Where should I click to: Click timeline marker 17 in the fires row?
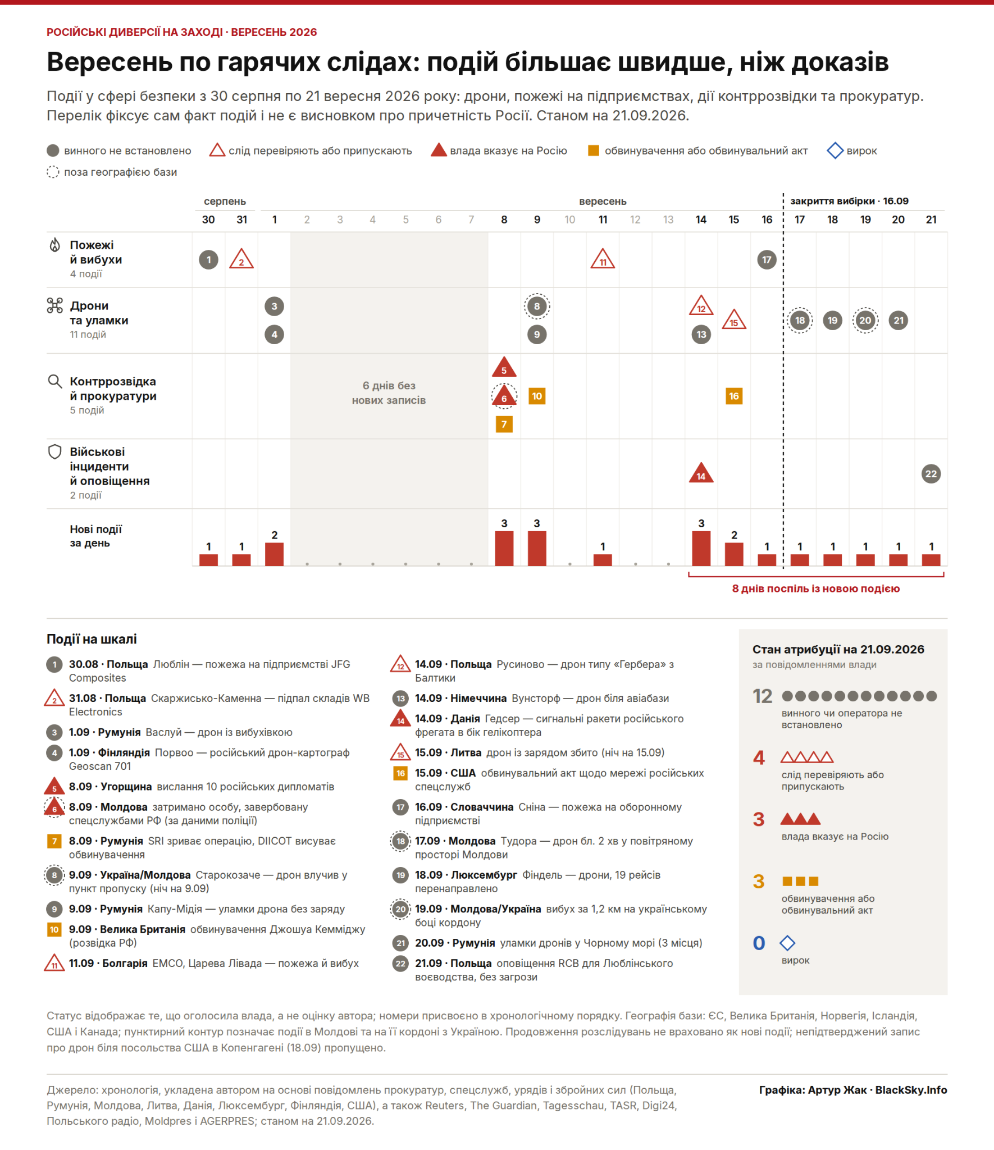(767, 259)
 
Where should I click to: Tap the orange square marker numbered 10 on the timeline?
(537, 396)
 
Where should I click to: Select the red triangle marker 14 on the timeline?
(701, 473)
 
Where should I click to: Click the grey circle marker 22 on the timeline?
(931, 473)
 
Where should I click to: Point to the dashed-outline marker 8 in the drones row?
(537, 306)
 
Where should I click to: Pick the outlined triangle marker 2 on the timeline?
(241, 259)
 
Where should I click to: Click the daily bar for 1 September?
(274, 554)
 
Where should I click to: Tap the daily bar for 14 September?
(701, 548)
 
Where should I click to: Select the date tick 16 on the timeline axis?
(767, 220)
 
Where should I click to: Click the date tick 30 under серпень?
(208, 220)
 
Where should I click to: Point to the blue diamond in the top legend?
(835, 150)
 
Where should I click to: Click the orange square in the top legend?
(593, 150)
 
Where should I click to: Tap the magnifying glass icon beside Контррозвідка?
(54, 382)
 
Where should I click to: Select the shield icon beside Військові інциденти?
(54, 451)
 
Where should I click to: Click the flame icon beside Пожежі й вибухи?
(54, 245)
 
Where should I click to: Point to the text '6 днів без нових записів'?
(389, 393)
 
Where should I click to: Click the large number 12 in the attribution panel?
(763, 696)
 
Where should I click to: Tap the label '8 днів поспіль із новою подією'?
(815, 588)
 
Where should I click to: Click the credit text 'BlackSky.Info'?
(911, 1090)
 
